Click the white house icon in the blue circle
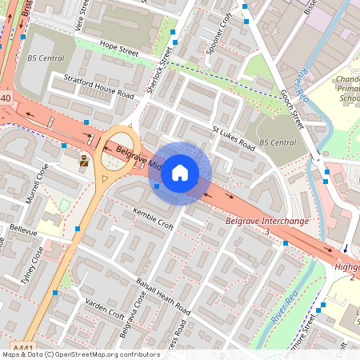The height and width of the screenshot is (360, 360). pos(180,172)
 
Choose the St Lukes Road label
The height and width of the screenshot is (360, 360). pos(233,137)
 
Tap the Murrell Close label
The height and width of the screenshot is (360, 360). pos(38,183)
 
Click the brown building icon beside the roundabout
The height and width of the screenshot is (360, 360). pos(84,162)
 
